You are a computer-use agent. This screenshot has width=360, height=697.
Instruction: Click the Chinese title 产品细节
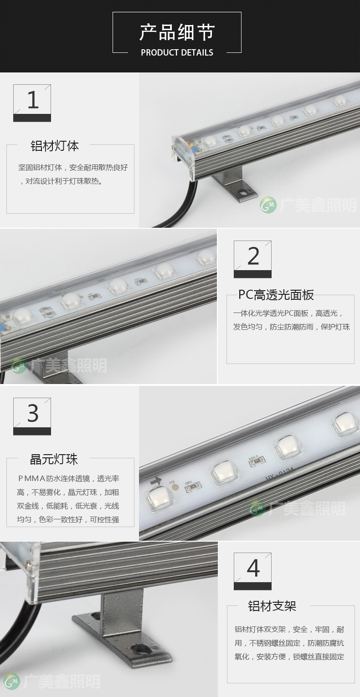pyautogui.click(x=177, y=32)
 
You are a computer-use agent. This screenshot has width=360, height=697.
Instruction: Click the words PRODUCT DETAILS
pyautogui.click(x=177, y=52)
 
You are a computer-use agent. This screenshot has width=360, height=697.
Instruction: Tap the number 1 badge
pyautogui.click(x=32, y=103)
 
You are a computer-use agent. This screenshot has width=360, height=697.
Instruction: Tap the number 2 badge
pyautogui.click(x=252, y=259)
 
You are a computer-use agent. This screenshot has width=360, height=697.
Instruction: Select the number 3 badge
pyautogui.click(x=32, y=416)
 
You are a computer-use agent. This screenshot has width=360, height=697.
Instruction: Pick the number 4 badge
pyautogui.click(x=252, y=571)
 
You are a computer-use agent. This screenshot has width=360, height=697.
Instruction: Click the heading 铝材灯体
pyautogui.click(x=55, y=146)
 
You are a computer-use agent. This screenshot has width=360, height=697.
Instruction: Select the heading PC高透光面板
pyautogui.click(x=276, y=295)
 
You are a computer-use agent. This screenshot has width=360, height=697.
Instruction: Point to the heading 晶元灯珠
pyautogui.click(x=54, y=459)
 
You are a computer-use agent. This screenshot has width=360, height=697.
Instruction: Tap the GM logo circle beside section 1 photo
pyautogui.click(x=268, y=205)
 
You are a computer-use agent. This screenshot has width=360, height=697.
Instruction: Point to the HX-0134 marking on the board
pyautogui.click(x=279, y=475)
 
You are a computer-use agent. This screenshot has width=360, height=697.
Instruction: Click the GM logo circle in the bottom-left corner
pyautogui.click(x=12, y=681)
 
